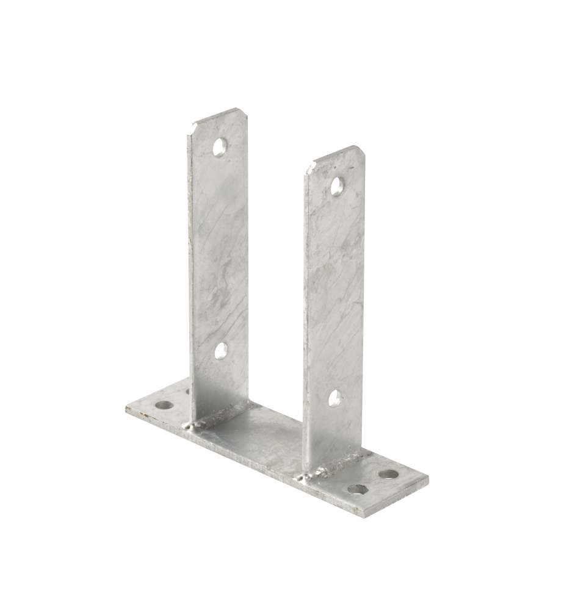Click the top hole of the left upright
coord(219,146)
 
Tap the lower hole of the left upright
coord(221,351)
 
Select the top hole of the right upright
coord(336,185)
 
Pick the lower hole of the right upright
coord(334,398)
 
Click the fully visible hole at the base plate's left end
coord(163,404)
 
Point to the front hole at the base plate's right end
coord(358,489)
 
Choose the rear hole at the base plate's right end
coord(388,473)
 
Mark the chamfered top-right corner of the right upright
coord(361,152)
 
